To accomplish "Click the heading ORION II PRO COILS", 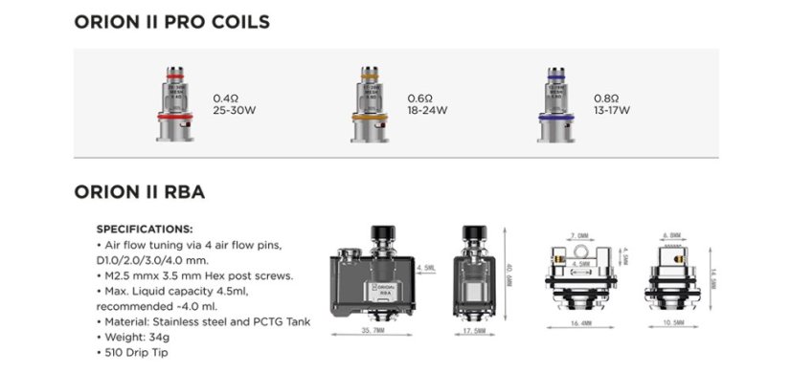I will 171,21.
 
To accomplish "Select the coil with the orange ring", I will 370,105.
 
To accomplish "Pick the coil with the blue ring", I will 556,105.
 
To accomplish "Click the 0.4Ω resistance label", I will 224,98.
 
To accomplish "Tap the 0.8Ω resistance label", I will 606,98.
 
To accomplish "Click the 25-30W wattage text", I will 233,110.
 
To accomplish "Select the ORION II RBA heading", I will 139,192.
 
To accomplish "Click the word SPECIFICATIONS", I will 145,230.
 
